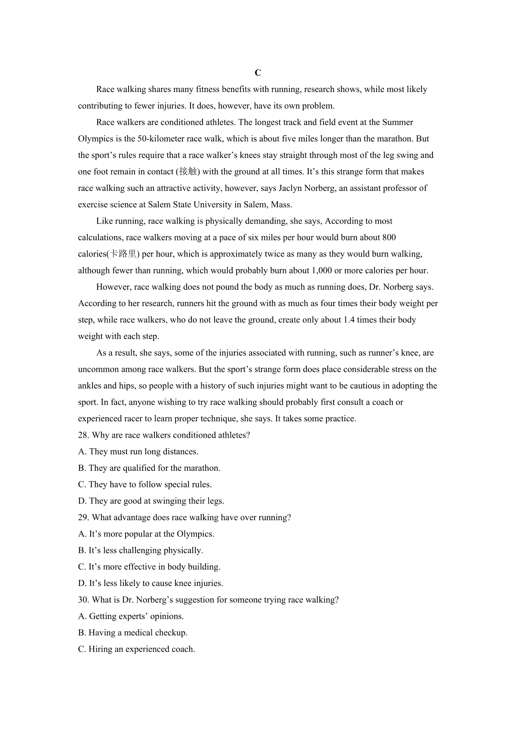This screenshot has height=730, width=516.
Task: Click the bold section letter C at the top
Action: pos(258,73)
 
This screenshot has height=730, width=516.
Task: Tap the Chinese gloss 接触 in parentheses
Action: pos(188,172)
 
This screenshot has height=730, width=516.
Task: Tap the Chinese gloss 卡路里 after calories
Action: pos(123,254)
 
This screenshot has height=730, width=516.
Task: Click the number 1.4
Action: pos(349,320)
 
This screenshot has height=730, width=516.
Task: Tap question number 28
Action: pos(83,435)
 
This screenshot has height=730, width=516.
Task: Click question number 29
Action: pos(83,518)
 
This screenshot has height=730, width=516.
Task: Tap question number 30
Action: pos(83,600)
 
